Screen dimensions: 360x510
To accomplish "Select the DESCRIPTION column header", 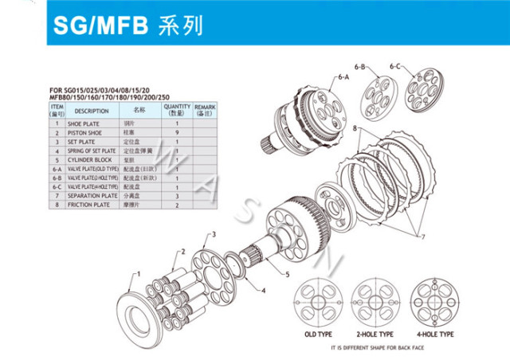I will (x=92, y=111).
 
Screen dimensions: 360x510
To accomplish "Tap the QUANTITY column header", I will (x=177, y=111).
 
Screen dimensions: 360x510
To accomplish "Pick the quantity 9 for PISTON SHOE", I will (x=176, y=133).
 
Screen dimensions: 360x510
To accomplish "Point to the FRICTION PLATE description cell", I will (x=88, y=204).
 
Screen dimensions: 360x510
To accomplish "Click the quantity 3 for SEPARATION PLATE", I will (x=176, y=195).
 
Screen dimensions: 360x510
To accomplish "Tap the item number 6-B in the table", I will (x=57, y=178).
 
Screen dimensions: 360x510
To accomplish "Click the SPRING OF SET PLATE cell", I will (x=92, y=151).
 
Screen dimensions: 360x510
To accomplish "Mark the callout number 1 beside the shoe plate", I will (x=136, y=273).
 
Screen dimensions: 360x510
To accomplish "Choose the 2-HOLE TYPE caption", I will (x=375, y=334).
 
